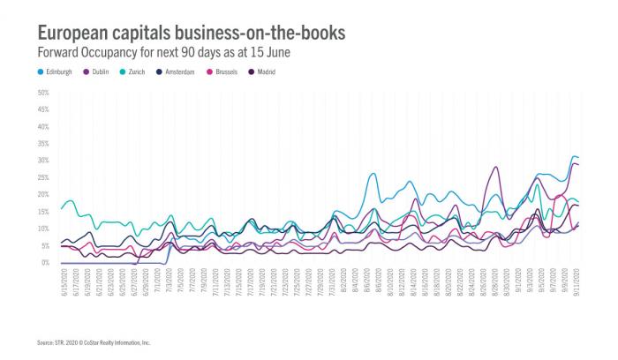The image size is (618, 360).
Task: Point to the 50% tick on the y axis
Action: click(x=42, y=92)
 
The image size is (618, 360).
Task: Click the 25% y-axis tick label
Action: click(x=42, y=177)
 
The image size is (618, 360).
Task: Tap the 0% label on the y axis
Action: click(x=44, y=263)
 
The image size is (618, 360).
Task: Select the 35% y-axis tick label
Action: click(x=42, y=143)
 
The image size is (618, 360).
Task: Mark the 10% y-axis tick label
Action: click(x=42, y=229)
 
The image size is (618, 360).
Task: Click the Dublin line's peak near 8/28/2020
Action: click(x=496, y=167)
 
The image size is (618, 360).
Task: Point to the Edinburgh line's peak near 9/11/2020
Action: click(x=574, y=156)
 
